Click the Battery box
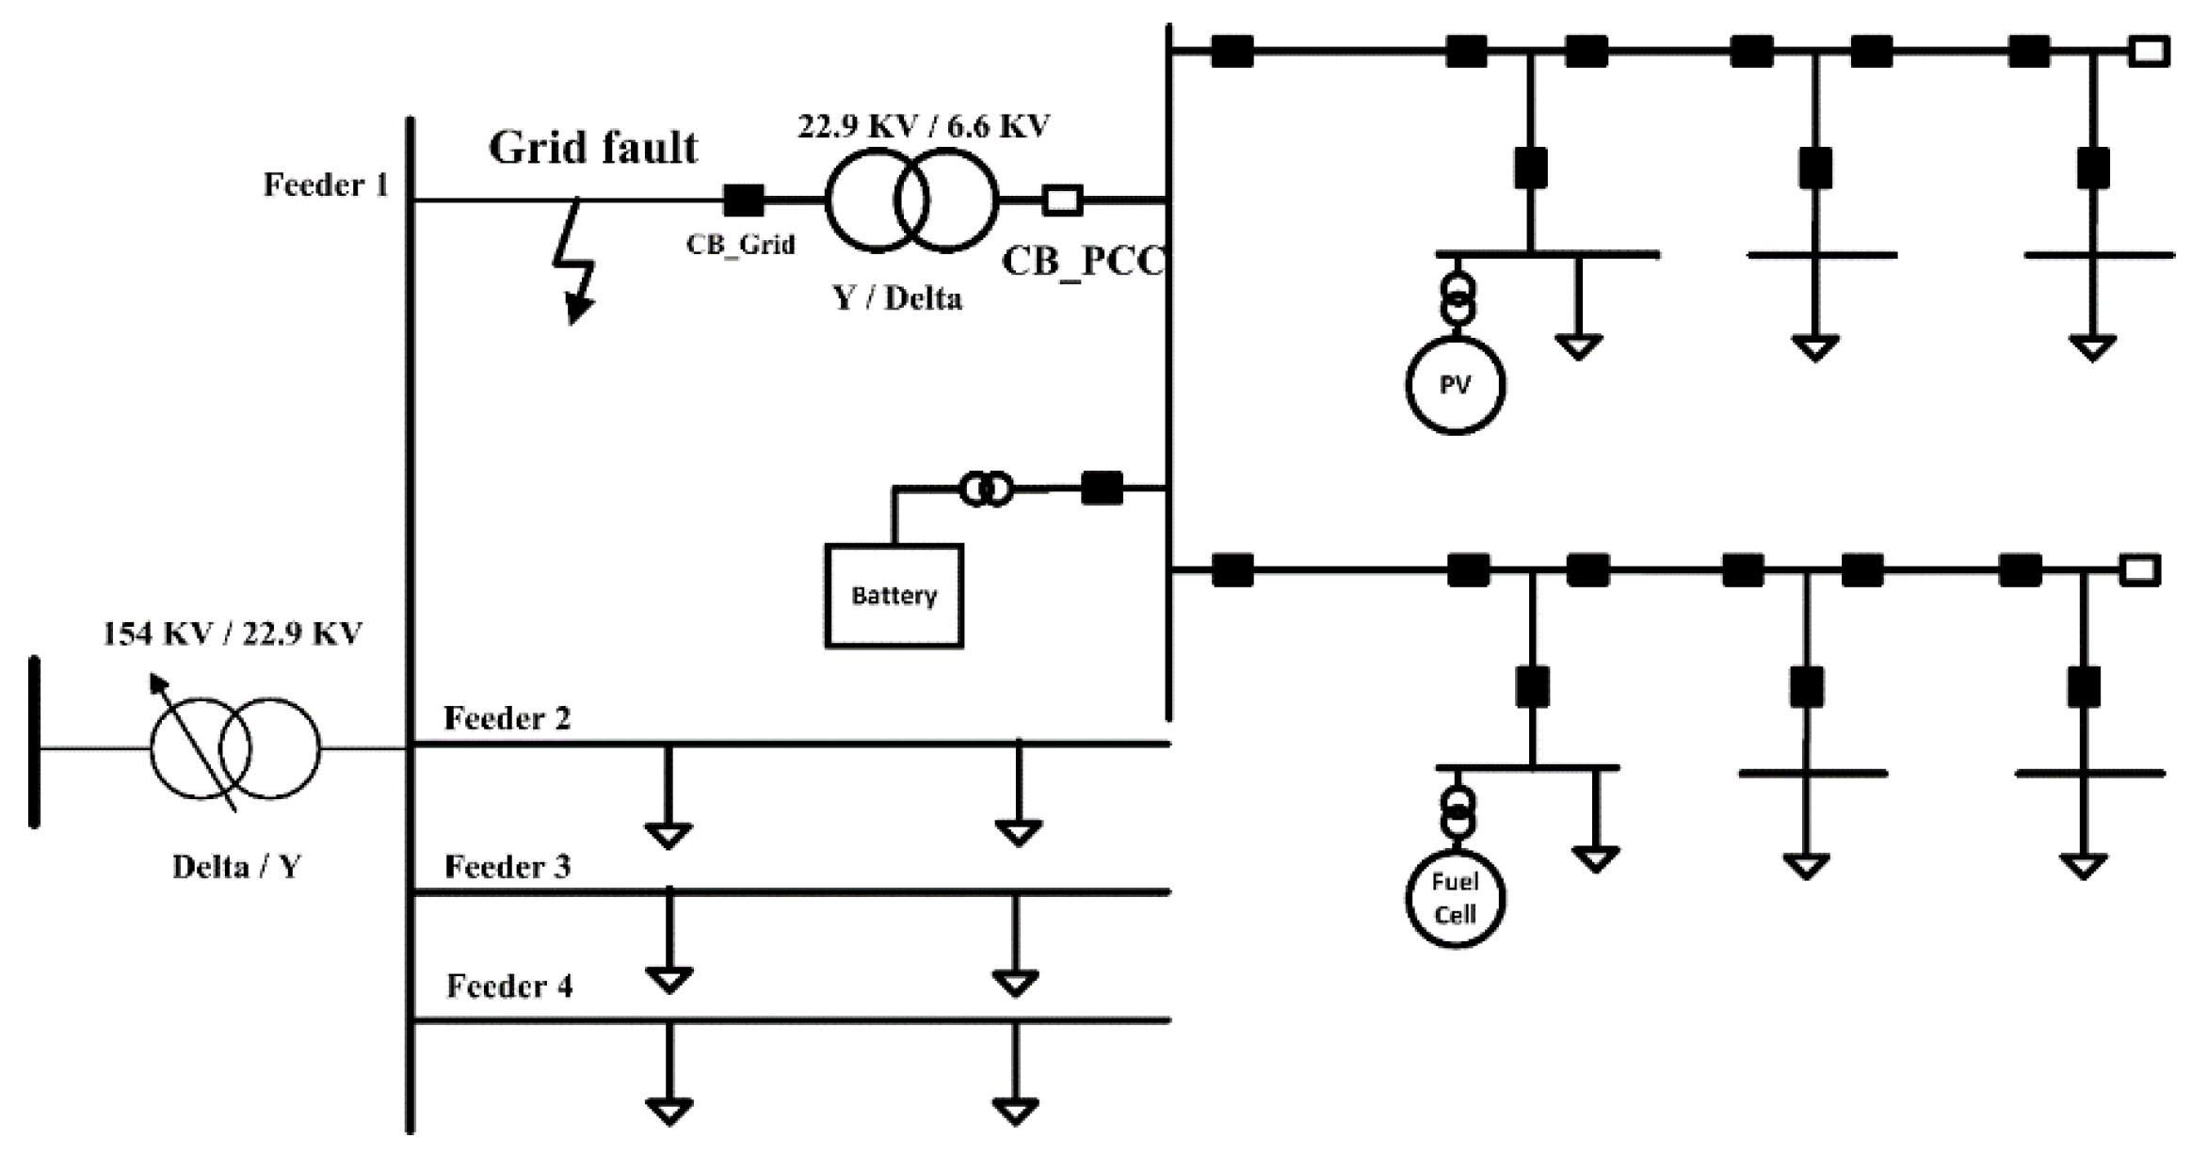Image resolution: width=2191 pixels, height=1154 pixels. [x=893, y=595]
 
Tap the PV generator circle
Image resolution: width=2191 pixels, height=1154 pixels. [x=1455, y=385]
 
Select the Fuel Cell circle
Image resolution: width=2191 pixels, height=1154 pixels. [x=1455, y=898]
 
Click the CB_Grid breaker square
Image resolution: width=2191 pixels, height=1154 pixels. [x=744, y=200]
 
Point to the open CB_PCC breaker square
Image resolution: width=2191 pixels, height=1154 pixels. [x=1063, y=200]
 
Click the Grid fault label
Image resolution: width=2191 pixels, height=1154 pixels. [x=593, y=148]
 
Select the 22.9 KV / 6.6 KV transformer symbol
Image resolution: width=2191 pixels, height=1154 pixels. [x=910, y=200]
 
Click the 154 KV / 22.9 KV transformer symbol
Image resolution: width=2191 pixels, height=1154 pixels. [x=235, y=749]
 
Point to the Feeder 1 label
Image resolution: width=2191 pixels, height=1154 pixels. [x=326, y=184]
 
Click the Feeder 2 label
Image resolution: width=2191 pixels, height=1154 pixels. [x=507, y=718]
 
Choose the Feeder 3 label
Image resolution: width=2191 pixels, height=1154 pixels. [x=507, y=866]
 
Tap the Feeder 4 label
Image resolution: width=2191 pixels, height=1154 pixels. [x=508, y=986]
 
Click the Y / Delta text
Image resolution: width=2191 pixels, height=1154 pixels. [x=897, y=298]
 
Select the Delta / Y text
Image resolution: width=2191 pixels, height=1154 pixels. [x=236, y=866]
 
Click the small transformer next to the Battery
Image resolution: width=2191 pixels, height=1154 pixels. [x=986, y=489]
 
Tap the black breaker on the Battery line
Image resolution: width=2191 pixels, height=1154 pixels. [x=1102, y=488]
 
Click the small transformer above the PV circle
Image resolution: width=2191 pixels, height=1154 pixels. [x=1457, y=297]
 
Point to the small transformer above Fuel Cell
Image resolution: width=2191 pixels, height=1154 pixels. [x=1457, y=812]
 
